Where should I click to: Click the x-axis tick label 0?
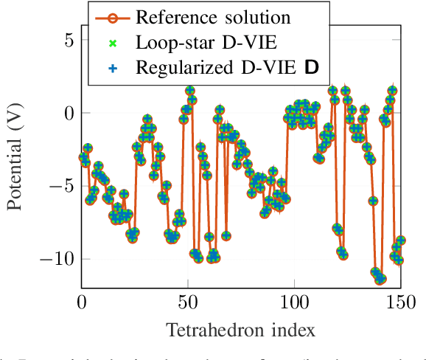(x=82, y=302)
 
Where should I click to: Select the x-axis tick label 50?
(x=188, y=302)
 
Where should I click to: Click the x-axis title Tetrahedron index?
(x=241, y=329)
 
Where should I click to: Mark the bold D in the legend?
(x=312, y=68)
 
